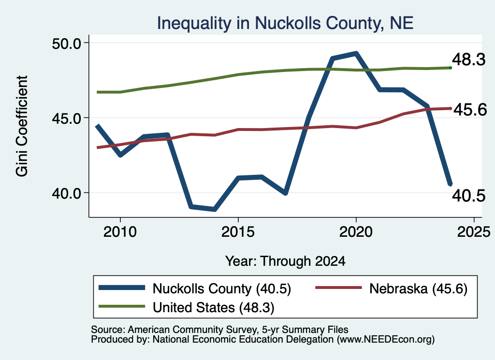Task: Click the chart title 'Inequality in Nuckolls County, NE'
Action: (285, 23)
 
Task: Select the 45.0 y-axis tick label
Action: (66, 118)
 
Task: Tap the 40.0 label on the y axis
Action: (66, 193)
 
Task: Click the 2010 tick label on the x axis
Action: (120, 232)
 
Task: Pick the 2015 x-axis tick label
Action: (238, 232)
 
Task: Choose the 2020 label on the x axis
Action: (356, 232)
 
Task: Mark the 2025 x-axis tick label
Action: (474, 232)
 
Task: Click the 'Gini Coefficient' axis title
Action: (22, 126)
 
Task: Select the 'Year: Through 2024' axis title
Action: (285, 261)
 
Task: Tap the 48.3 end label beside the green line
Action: (468, 59)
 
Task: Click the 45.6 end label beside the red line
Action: (470, 110)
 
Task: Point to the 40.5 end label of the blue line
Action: (468, 196)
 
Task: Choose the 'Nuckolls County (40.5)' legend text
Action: (221, 288)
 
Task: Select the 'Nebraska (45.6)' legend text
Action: (418, 288)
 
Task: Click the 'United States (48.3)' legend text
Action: (213, 307)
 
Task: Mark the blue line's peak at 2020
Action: (356, 53)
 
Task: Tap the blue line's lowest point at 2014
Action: (215, 209)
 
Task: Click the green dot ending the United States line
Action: (451, 68)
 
